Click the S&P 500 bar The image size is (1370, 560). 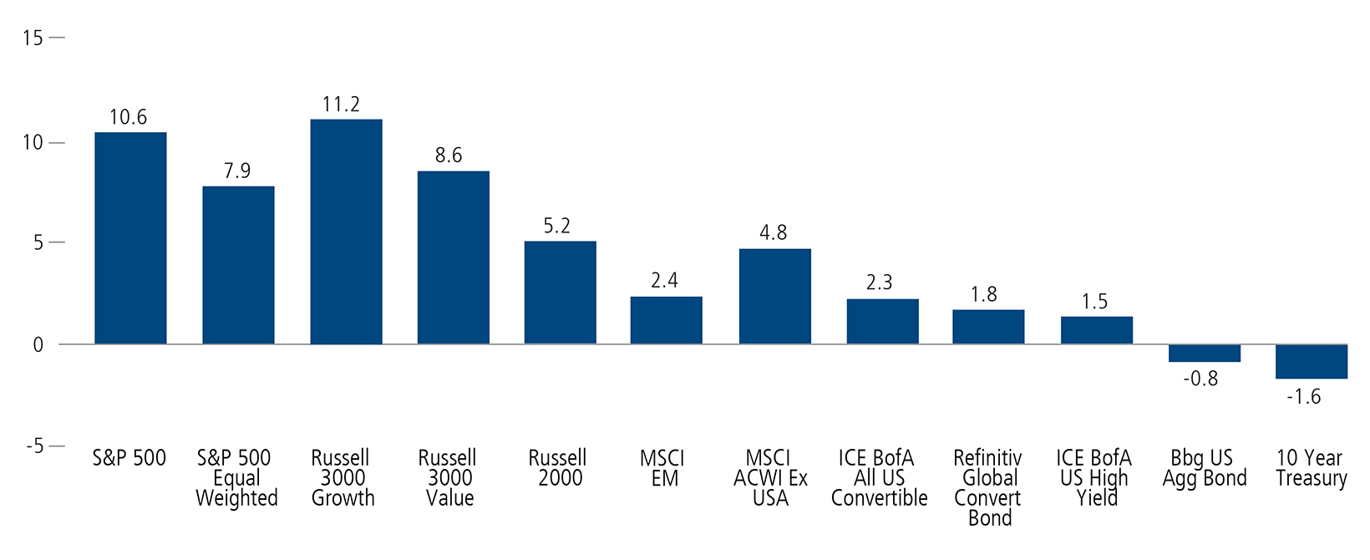click(130, 238)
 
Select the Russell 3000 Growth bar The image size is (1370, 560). click(346, 232)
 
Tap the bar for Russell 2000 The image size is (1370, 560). click(561, 293)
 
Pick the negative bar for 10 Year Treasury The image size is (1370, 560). click(1312, 361)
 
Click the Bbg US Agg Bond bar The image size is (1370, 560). click(1205, 353)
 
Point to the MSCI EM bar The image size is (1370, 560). click(666, 320)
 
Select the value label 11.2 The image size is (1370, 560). click(341, 104)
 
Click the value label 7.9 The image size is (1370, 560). click(237, 171)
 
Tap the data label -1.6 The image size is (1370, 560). click(1303, 397)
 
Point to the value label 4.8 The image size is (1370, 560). click(773, 233)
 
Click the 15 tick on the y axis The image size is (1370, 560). click(33, 38)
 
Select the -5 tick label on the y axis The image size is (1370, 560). click(33, 446)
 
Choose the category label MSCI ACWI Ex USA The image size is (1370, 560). click(770, 478)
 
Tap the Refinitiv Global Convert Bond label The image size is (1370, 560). click(988, 488)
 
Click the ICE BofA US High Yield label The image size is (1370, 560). click(1094, 478)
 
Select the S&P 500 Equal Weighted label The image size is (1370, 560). click(236, 478)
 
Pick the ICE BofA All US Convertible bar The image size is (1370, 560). click(882, 322)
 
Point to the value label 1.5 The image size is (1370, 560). click(1094, 302)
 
